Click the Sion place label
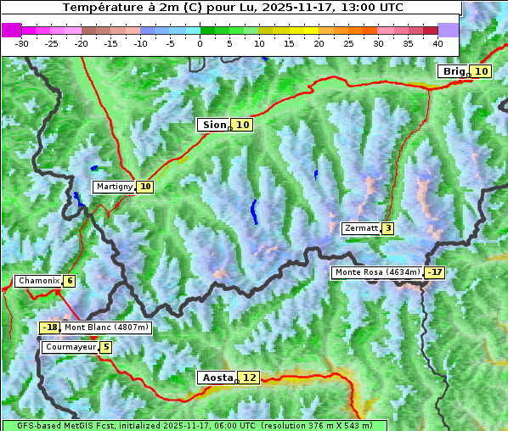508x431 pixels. coord(213,125)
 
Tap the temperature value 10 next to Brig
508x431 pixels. coord(481,71)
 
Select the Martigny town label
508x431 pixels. coord(114,187)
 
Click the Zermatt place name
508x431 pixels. coord(360,228)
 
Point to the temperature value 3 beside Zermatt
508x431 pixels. coord(387,228)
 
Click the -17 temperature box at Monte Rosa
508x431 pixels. coord(435,272)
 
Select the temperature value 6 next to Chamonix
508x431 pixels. coord(69,281)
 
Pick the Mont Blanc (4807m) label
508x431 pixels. coord(106,327)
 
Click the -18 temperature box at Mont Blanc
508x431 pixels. coord(50,327)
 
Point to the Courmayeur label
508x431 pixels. coord(70,347)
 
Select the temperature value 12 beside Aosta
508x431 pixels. coord(248,378)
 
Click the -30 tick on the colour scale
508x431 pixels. coord(22,43)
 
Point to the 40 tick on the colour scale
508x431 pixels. coord(437,43)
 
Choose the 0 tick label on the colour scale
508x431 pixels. coord(200,43)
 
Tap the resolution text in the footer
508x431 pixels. coord(316,425)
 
